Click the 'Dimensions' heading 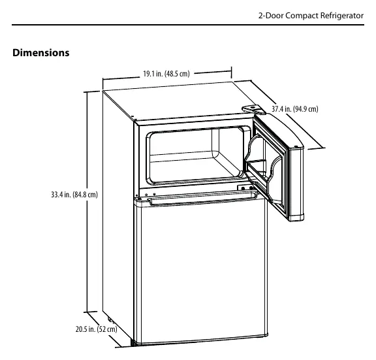40,53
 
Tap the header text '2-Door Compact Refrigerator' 311,16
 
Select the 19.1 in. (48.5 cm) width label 166,74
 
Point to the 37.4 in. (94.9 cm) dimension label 294,109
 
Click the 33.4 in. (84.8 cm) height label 74,195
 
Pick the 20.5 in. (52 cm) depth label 97,329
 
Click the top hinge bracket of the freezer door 254,110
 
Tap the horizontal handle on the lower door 203,198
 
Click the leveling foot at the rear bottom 110,319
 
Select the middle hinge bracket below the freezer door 245,188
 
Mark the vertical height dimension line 87,202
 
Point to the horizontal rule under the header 188,24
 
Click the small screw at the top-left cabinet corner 136,120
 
